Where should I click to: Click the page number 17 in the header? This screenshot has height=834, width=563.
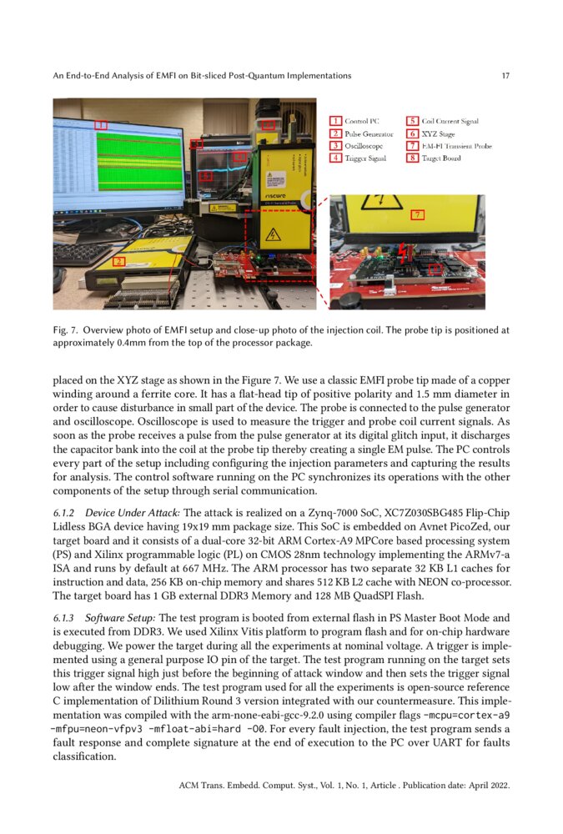tap(505, 76)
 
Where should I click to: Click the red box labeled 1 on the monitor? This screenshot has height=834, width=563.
tap(100, 124)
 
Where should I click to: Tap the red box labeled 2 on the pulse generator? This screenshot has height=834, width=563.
tap(118, 261)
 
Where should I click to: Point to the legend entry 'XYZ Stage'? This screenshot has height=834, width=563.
tap(438, 133)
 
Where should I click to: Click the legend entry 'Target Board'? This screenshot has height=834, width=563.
tap(440, 158)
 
